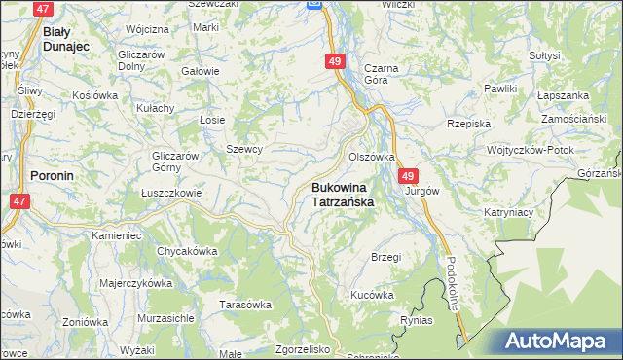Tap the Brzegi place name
tap(386, 257)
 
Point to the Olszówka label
tap(372, 157)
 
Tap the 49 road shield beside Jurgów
tap(408, 176)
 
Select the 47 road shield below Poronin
tap(18, 201)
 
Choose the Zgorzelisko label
tap(304, 348)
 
